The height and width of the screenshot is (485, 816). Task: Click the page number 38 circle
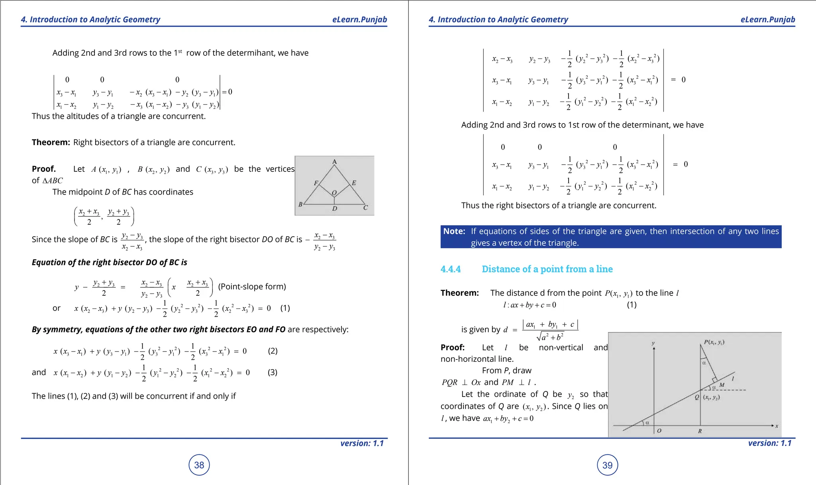pos(199,465)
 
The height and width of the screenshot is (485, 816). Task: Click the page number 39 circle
pos(607,465)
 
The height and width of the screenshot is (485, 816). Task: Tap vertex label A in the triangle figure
pos(335,161)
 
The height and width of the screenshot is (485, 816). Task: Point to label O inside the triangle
pos(334,193)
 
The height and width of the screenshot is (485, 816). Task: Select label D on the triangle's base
pos(335,208)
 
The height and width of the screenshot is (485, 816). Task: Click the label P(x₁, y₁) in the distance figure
pos(714,342)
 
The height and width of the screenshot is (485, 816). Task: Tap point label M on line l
pos(722,385)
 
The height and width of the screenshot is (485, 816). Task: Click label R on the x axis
pos(700,431)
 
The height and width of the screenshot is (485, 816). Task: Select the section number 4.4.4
pos(451,269)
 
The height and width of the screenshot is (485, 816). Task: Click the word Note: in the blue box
pos(454,231)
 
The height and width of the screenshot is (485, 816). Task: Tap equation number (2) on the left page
pos(273,351)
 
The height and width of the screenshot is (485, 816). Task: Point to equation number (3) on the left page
pos(273,372)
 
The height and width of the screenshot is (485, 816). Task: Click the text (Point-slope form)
pos(252,287)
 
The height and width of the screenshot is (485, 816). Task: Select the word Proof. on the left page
pos(44,169)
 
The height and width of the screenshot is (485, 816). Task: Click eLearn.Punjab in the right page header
pos(767,20)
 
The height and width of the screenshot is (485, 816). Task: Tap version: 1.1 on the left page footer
pos(362,443)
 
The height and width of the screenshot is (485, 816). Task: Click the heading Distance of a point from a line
pos(547,269)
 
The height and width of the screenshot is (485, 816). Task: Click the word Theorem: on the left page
pos(51,142)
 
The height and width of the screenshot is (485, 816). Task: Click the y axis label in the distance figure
pos(653,343)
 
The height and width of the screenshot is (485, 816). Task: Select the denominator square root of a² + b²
pos(550,337)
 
